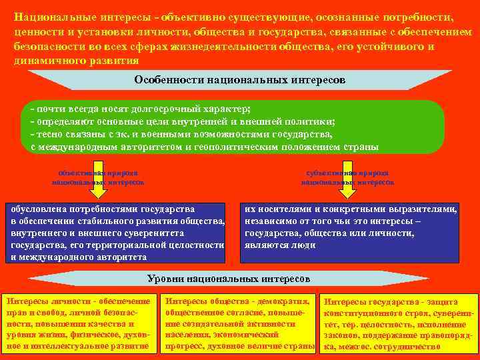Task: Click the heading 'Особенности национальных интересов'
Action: click(239, 80)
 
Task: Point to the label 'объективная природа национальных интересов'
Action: click(98, 177)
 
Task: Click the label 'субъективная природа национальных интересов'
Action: click(347, 177)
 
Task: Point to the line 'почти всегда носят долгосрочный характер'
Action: click(141, 109)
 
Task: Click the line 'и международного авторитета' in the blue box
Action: click(80, 257)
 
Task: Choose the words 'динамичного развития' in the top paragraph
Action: click(77, 59)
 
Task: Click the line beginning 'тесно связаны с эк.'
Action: click(181, 134)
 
